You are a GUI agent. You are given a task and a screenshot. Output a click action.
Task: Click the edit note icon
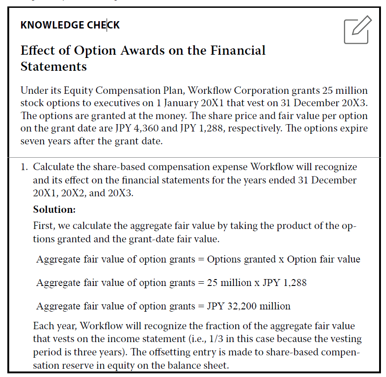357,30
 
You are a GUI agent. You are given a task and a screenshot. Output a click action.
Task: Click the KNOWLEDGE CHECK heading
70,25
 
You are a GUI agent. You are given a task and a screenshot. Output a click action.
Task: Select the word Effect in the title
35,50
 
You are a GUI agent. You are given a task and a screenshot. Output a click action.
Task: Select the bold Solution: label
54,210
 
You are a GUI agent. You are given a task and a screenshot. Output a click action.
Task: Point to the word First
44,226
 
